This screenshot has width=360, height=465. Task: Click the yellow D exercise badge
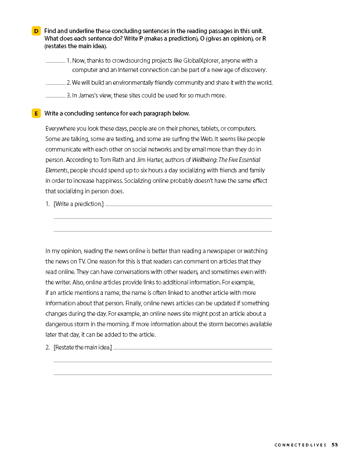pos(37,30)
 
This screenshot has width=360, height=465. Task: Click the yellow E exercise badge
pos(37,113)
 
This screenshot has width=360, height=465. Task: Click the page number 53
pos(335,445)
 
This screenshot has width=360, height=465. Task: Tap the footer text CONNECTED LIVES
pos(301,445)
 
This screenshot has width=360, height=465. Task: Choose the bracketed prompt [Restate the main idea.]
pos(82,348)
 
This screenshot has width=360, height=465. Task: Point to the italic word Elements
pos(56,170)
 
